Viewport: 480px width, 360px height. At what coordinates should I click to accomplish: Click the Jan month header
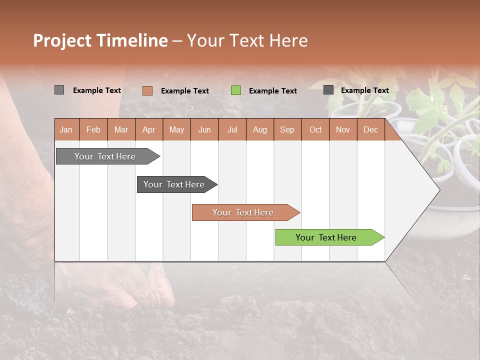[66, 129]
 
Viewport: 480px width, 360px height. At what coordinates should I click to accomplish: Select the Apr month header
[148, 129]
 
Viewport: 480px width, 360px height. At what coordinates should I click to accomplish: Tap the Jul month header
[232, 129]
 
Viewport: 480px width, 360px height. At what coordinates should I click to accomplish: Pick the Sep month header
[287, 129]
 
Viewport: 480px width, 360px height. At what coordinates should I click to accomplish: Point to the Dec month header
[370, 129]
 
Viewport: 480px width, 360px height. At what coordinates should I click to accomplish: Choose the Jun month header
[204, 129]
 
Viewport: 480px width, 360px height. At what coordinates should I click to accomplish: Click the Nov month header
[343, 129]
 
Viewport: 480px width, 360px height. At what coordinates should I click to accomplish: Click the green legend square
[236, 90]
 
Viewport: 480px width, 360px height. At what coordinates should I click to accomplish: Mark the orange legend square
[147, 90]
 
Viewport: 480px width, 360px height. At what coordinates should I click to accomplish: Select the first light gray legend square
[59, 90]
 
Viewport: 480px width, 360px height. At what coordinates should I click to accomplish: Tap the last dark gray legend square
[328, 90]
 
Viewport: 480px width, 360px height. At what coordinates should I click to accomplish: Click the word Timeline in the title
[131, 40]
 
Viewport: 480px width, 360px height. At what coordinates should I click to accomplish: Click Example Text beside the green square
[272, 90]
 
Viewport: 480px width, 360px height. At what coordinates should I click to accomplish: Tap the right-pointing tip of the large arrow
[438, 190]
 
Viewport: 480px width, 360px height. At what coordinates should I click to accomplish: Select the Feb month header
[93, 129]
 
